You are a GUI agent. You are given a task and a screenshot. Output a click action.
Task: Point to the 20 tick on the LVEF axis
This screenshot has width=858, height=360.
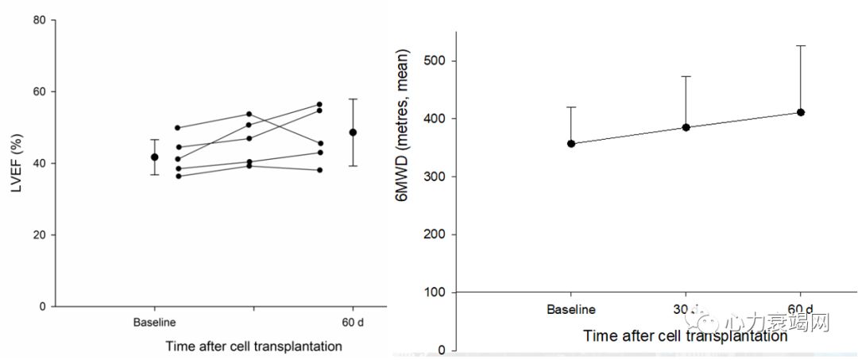pyautogui.click(x=38, y=235)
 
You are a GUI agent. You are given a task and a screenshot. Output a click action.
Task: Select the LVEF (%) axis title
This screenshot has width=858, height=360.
pyautogui.click(x=14, y=163)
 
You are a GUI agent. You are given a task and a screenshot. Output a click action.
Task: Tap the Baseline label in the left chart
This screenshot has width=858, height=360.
pyautogui.click(x=154, y=323)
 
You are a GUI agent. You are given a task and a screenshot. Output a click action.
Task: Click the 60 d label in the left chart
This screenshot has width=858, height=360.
pyautogui.click(x=352, y=323)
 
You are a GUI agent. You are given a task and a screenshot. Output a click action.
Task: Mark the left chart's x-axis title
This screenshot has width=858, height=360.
pyautogui.click(x=254, y=346)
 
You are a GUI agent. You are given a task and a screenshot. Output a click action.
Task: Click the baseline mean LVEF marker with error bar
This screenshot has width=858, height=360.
pyautogui.click(x=154, y=157)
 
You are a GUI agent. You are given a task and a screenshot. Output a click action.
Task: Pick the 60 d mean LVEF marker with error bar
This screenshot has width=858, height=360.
pyautogui.click(x=353, y=132)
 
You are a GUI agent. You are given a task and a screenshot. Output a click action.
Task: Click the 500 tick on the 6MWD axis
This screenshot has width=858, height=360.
pyautogui.click(x=435, y=61)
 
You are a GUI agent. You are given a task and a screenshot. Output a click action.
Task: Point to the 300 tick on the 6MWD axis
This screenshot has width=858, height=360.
pyautogui.click(x=435, y=177)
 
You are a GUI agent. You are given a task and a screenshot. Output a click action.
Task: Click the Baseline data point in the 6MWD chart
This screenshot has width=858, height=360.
pyautogui.click(x=571, y=144)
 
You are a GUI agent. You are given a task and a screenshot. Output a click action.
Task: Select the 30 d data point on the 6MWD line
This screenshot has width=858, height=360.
pyautogui.click(x=686, y=127)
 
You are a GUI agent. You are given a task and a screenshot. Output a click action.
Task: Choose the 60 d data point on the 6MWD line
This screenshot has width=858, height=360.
pyautogui.click(x=801, y=112)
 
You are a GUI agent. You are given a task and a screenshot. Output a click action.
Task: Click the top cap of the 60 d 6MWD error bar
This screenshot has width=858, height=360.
pyautogui.click(x=801, y=46)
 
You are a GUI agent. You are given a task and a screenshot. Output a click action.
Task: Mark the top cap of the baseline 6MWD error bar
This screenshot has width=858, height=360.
pyautogui.click(x=571, y=107)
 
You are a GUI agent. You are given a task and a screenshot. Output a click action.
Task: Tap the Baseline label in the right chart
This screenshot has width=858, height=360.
pyautogui.click(x=571, y=309)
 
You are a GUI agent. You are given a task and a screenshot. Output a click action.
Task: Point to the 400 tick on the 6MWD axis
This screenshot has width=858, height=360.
pyautogui.click(x=435, y=119)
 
